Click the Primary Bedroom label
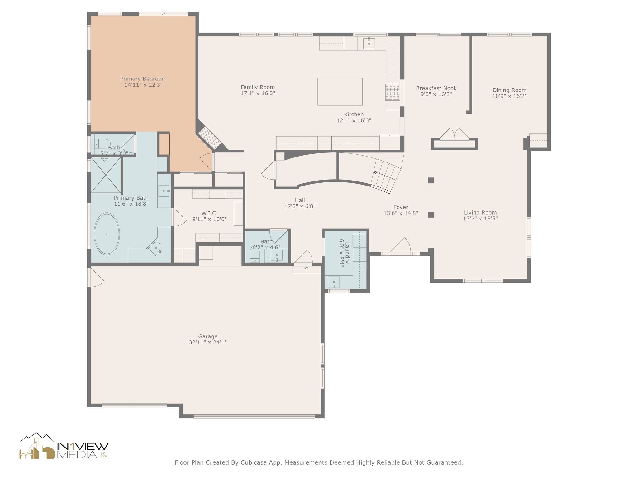click(x=143, y=79)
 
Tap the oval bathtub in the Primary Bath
click(x=107, y=234)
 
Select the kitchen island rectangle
click(x=340, y=91)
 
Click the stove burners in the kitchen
click(x=392, y=92)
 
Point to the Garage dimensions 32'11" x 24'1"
click(x=208, y=342)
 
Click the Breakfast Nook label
click(x=436, y=88)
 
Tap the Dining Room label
click(x=509, y=90)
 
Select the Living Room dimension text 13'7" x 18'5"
click(x=480, y=219)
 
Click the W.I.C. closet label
click(x=209, y=213)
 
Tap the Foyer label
click(x=401, y=207)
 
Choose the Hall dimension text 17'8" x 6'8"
click(x=300, y=206)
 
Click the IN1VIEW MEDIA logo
click(x=64, y=446)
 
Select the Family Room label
click(x=258, y=87)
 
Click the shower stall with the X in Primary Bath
click(x=106, y=175)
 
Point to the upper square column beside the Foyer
click(x=431, y=180)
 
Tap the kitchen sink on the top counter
click(x=369, y=43)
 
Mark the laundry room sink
click(x=334, y=282)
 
